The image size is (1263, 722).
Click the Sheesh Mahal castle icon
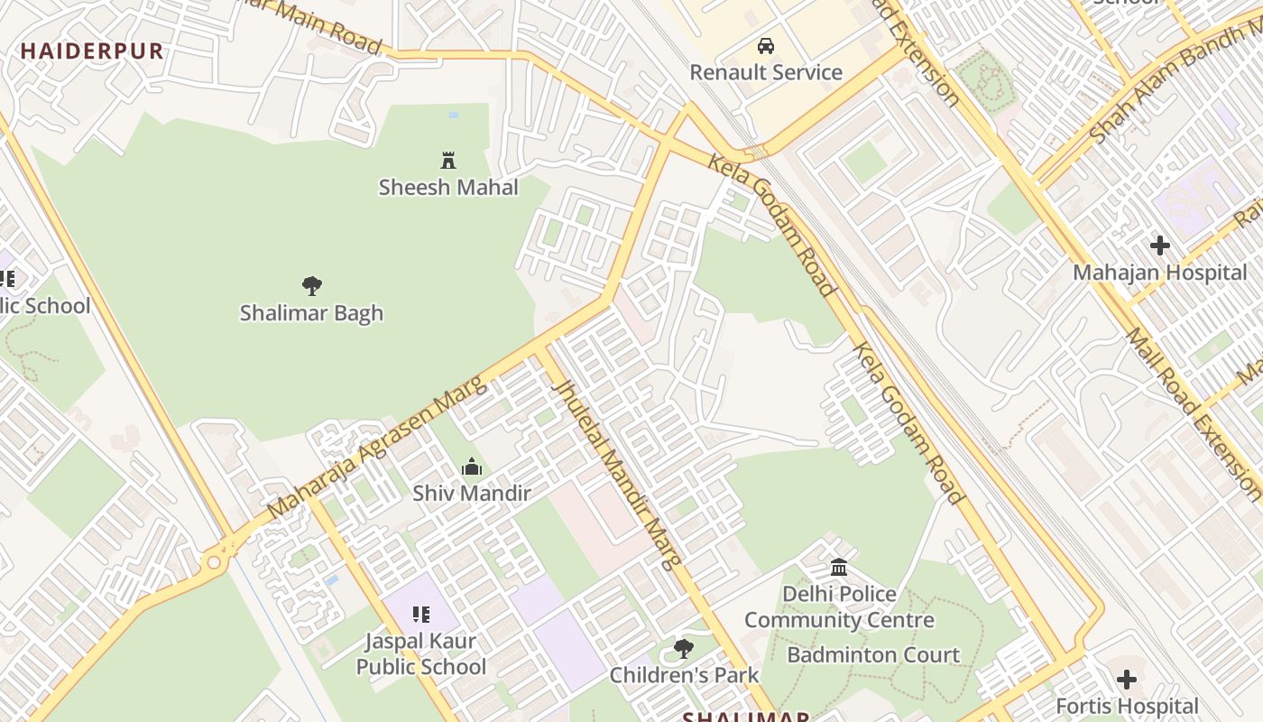pos(448,161)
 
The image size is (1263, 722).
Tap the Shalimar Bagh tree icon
pos(312,286)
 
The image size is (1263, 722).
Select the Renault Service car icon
pos(766,46)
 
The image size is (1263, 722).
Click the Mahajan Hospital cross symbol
pos(1160,245)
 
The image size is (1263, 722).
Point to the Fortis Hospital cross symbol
pos(1127,679)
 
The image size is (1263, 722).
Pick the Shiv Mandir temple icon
pos(472,467)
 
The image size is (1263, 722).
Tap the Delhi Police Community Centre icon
pos(839,567)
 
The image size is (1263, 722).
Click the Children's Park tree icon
pos(684,648)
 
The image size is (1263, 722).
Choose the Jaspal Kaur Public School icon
pos(421,615)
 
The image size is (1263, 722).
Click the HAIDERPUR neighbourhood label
pos(92,51)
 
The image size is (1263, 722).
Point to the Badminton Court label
pos(873,654)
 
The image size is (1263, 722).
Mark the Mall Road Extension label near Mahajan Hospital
pos(1191,412)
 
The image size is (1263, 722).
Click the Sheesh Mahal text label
pos(448,188)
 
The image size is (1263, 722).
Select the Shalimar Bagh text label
pos(312,313)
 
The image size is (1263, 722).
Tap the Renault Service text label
pos(766,72)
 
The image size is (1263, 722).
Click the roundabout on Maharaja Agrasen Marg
pos(214,563)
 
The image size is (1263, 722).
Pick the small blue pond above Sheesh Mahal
pos(453,116)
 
